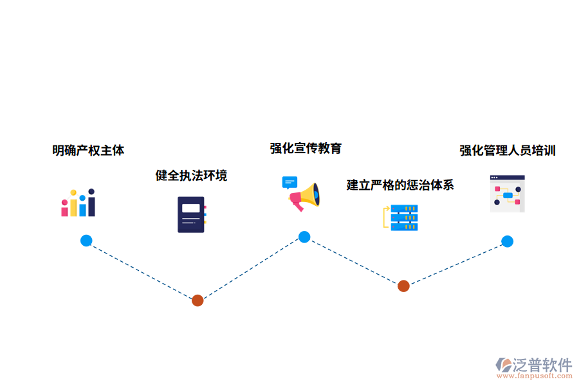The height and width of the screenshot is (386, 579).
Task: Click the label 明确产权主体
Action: [x=88, y=151]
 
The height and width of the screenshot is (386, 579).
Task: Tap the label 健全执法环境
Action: [x=191, y=175]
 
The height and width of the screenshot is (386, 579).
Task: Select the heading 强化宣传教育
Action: [x=306, y=149]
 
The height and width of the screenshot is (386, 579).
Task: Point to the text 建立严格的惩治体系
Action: [x=400, y=185]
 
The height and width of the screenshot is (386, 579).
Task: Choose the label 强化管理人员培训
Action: [x=508, y=151]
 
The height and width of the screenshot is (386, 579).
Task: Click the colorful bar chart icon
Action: [x=78, y=203]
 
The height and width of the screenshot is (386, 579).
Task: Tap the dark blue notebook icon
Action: [x=191, y=214]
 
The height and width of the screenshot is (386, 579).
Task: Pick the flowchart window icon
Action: [x=507, y=194]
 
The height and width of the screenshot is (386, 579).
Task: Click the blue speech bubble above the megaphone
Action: [x=289, y=182]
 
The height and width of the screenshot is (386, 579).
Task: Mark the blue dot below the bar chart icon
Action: [x=86, y=241]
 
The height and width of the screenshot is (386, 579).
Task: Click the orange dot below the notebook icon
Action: [x=198, y=300]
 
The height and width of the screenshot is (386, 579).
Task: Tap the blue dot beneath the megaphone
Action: [x=304, y=237]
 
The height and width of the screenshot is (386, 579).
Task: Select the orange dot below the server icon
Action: [x=403, y=286]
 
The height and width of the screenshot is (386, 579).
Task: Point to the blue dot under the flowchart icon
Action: [x=508, y=241]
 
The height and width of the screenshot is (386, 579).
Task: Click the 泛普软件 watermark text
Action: [x=542, y=365]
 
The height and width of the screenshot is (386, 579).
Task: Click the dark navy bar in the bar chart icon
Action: [x=91, y=204]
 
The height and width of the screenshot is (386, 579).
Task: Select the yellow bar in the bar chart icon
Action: [x=74, y=205]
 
